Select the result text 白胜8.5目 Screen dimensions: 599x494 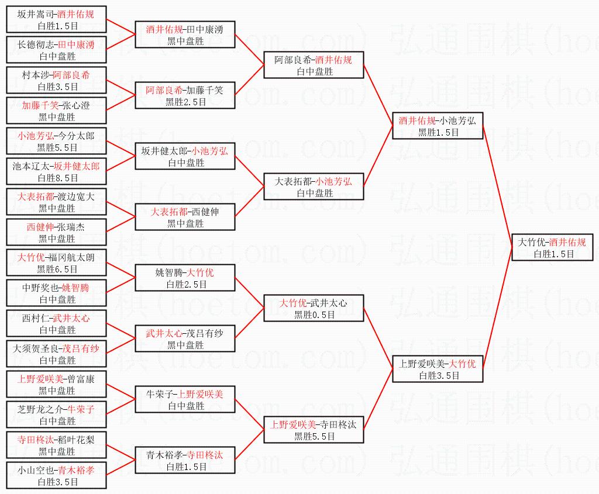[x=57, y=178]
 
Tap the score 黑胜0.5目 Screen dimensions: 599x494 [x=315, y=315]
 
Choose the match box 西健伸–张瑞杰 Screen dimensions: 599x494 [x=57, y=232]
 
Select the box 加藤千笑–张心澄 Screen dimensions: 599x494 [x=57, y=110]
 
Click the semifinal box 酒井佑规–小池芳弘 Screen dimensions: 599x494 [x=438, y=126]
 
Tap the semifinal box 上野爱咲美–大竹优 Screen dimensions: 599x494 [x=438, y=369]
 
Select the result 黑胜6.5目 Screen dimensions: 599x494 [x=57, y=269]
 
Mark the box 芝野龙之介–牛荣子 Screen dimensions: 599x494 [x=57, y=414]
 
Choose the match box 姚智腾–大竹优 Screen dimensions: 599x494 [x=185, y=278]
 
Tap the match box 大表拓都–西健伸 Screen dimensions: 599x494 [x=185, y=217]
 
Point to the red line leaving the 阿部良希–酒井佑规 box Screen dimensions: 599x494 [x=377, y=94]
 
